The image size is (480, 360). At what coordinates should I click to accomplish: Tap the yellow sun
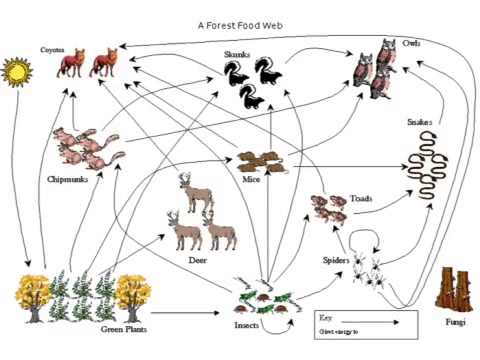pos(18,72)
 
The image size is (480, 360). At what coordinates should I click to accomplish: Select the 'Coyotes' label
pos(52,47)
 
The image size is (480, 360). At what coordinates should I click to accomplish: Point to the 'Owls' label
pos(411,44)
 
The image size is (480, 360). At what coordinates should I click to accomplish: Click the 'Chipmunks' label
pos(67,179)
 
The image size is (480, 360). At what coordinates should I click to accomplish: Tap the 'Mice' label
pos(251,180)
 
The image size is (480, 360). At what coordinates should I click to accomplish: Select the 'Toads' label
pos(361,199)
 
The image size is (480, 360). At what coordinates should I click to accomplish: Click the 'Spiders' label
pos(335,260)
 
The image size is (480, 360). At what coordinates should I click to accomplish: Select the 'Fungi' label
pos(455,323)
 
